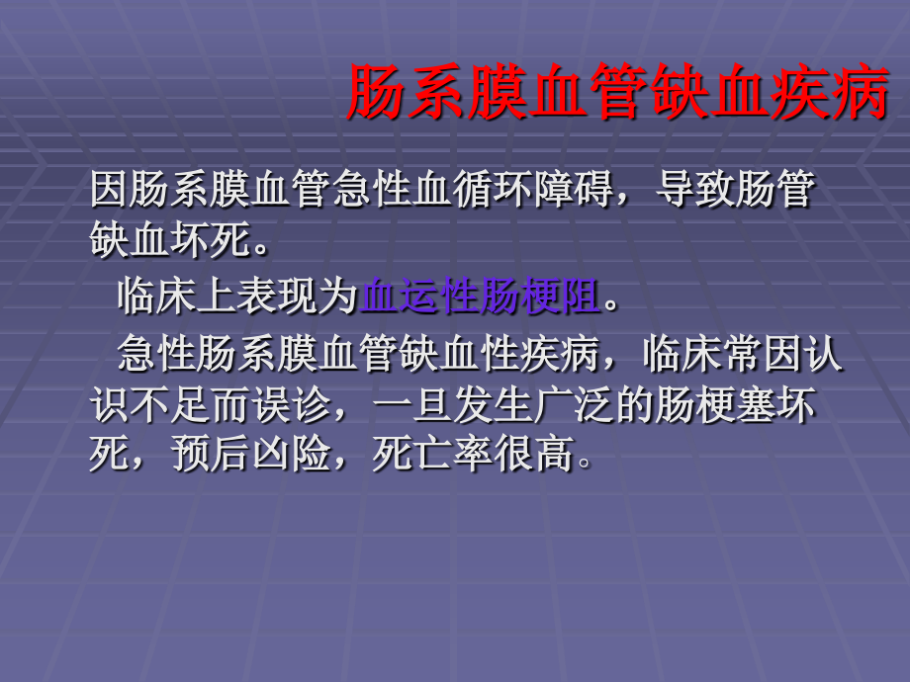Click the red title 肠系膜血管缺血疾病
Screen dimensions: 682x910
pyautogui.click(x=617, y=93)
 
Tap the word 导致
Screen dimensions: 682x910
pyautogui.click(x=695, y=190)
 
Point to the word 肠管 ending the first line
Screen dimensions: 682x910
pyautogui.click(x=775, y=190)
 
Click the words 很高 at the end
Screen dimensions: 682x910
pyautogui.click(x=533, y=455)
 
